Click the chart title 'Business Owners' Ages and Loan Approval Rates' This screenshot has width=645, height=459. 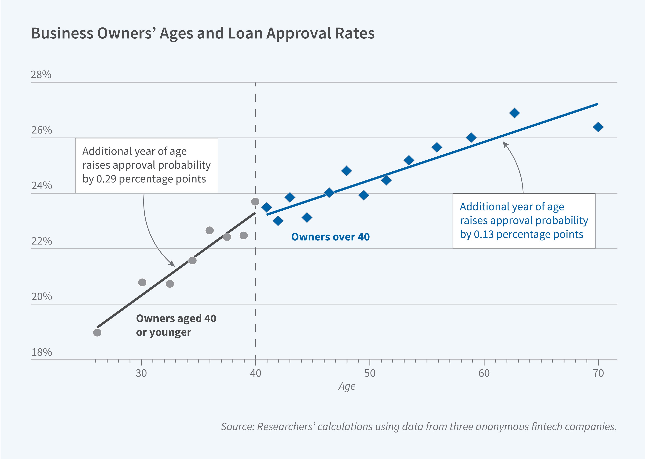pos(202,33)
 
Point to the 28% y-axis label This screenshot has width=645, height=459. pos(41,75)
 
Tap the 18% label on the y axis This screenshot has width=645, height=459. pos(42,352)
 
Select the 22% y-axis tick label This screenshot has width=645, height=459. pos(42,241)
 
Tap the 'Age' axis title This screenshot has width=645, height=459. pos(347,386)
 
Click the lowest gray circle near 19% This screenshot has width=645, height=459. pos(97,333)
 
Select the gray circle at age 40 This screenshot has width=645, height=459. pos(255,202)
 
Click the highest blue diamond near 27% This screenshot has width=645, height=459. pos(514,113)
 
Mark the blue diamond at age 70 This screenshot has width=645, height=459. pos(598,127)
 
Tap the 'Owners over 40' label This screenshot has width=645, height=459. pos(330,237)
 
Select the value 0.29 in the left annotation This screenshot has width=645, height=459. pos(106,179)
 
